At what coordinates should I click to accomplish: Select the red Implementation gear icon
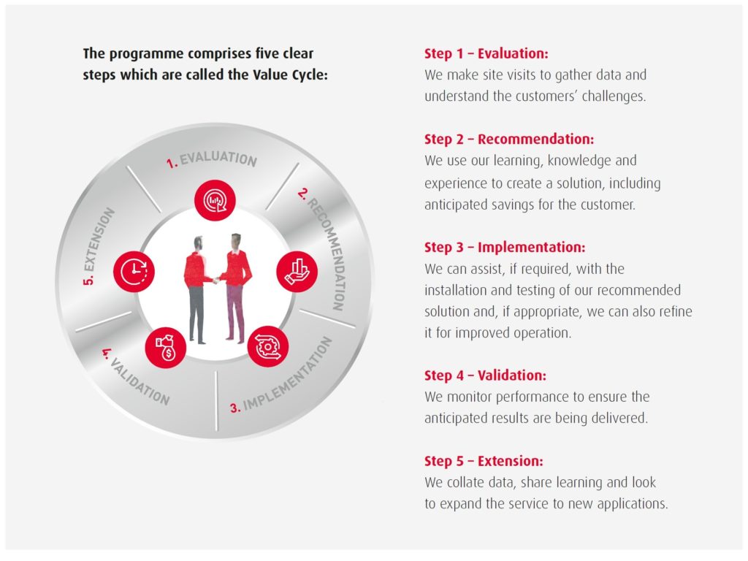tap(267, 346)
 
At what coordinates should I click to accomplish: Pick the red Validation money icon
tap(166, 346)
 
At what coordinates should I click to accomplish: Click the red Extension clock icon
tap(134, 272)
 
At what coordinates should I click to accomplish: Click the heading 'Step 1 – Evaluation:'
tap(486, 53)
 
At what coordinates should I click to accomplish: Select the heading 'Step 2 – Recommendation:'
tap(508, 139)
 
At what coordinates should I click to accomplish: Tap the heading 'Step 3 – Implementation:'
tap(504, 248)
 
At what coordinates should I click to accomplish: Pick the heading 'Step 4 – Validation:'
tap(485, 375)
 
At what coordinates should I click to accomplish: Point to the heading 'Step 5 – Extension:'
tap(483, 461)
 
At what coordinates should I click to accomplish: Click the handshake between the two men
tap(215, 279)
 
